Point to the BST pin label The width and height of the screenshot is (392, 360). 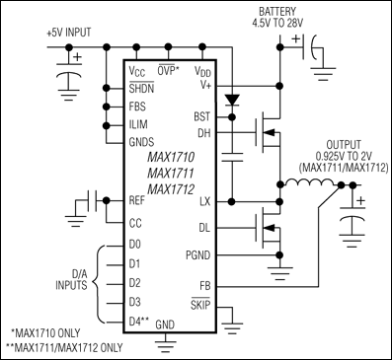(x=202, y=115)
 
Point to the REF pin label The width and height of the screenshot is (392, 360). (x=138, y=200)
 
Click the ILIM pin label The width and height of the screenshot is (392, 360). (x=139, y=124)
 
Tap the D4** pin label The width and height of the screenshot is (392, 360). (x=139, y=320)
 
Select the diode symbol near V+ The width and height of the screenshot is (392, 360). (x=234, y=101)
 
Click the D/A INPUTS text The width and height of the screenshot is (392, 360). (x=63, y=280)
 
